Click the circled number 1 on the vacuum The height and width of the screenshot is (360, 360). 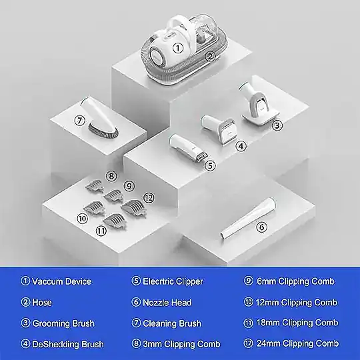(x=178, y=48)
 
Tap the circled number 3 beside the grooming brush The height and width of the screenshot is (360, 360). (x=277, y=125)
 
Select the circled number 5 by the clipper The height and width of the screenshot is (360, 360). (x=210, y=165)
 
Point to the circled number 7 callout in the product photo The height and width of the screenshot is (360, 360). (x=80, y=120)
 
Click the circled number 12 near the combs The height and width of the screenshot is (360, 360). (x=149, y=198)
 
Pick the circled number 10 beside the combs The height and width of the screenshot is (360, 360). (x=82, y=219)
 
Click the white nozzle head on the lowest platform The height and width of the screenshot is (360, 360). (x=248, y=219)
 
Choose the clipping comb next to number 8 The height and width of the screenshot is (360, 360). (x=95, y=185)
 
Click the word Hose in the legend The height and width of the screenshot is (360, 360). (x=42, y=303)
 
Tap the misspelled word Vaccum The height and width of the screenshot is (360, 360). (x=47, y=281)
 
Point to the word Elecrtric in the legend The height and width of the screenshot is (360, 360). (x=158, y=281)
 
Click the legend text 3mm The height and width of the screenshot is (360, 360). (x=153, y=344)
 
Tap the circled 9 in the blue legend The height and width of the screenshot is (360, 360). (x=249, y=281)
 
